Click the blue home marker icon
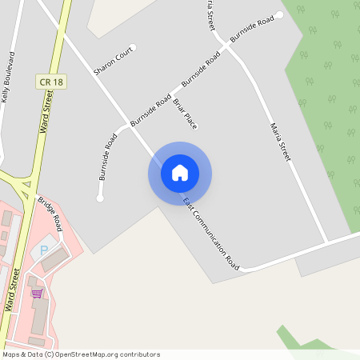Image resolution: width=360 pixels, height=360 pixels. click(x=180, y=173)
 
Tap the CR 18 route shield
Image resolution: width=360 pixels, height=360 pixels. click(x=49, y=82)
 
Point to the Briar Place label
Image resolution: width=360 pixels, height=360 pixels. click(x=186, y=114)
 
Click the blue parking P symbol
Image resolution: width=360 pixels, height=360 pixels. click(x=44, y=250)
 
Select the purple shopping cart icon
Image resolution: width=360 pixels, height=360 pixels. click(x=37, y=294)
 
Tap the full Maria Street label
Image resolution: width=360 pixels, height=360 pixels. click(x=279, y=142)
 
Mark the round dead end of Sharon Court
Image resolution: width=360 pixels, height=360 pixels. click(x=133, y=47)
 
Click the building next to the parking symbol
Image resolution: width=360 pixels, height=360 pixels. click(x=56, y=258)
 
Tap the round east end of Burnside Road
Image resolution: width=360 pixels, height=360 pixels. click(x=279, y=14)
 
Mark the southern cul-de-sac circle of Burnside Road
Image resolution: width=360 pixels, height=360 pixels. click(x=100, y=198)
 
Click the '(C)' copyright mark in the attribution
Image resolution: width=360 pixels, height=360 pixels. click(x=50, y=354)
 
